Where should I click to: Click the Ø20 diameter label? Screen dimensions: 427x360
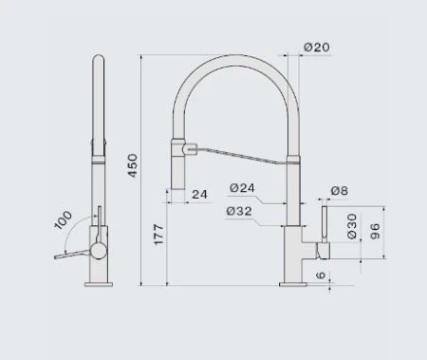point(317,47)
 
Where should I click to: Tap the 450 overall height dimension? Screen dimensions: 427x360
point(133,165)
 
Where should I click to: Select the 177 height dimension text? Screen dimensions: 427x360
point(158,235)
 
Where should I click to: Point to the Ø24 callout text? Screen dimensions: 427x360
point(242,188)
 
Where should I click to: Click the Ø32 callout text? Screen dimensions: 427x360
point(239,211)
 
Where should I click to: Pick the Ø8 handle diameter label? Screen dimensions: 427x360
point(340,191)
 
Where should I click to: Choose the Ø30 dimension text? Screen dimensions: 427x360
point(352,226)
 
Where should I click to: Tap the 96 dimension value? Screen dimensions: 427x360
point(375,231)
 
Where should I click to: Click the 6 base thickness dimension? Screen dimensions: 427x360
point(321,275)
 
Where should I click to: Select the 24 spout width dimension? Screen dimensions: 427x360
point(199,195)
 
